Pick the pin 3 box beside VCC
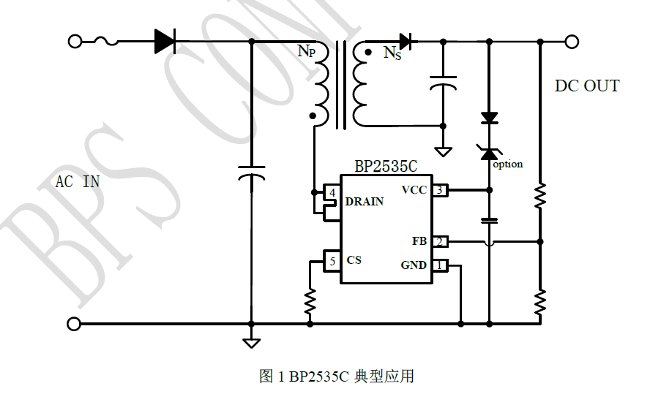(x=439, y=190)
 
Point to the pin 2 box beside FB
(x=439, y=241)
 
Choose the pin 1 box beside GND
(x=439, y=265)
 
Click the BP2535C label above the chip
(x=386, y=166)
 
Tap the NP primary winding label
(x=306, y=52)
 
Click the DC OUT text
(x=586, y=86)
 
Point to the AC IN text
(x=78, y=181)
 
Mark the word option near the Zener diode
(x=508, y=164)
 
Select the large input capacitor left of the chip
(x=251, y=175)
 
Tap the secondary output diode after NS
(x=405, y=42)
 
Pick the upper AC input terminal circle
(x=75, y=42)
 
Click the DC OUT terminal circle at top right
(x=572, y=42)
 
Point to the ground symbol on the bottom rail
(x=251, y=341)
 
